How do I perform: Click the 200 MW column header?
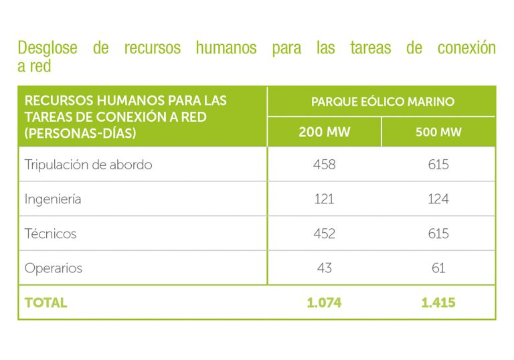pyautogui.click(x=324, y=132)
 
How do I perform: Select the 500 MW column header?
pyautogui.click(x=438, y=132)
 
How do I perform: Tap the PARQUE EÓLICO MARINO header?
pyautogui.click(x=382, y=102)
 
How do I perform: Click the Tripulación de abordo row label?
pyautogui.click(x=88, y=165)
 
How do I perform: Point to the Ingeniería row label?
pyautogui.click(x=53, y=199)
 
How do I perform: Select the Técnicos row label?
pyautogui.click(x=50, y=234)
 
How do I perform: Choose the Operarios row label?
pyautogui.click(x=54, y=268)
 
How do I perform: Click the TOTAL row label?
pyautogui.click(x=46, y=302)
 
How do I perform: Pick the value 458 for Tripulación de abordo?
pyautogui.click(x=324, y=165)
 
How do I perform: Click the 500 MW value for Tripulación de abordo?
pyautogui.click(x=438, y=165)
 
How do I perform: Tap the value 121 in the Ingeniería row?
pyautogui.click(x=324, y=199)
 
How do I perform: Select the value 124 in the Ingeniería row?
pyautogui.click(x=438, y=199)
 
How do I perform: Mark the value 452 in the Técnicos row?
pyautogui.click(x=324, y=234)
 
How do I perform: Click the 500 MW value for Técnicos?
pyautogui.click(x=438, y=234)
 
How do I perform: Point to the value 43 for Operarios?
pyautogui.click(x=324, y=268)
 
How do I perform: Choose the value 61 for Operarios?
pyautogui.click(x=438, y=268)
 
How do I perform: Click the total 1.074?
pyautogui.click(x=324, y=302)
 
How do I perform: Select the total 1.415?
pyautogui.click(x=438, y=302)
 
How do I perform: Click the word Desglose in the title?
pyautogui.click(x=47, y=48)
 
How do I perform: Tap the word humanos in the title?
pyautogui.click(x=226, y=48)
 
